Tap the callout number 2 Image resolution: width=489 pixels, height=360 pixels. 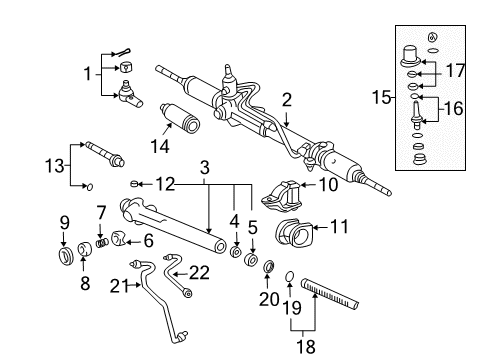click(286, 100)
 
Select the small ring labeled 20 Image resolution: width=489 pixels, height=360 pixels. click(268, 267)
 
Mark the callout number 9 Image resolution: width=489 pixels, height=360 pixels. click(63, 223)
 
